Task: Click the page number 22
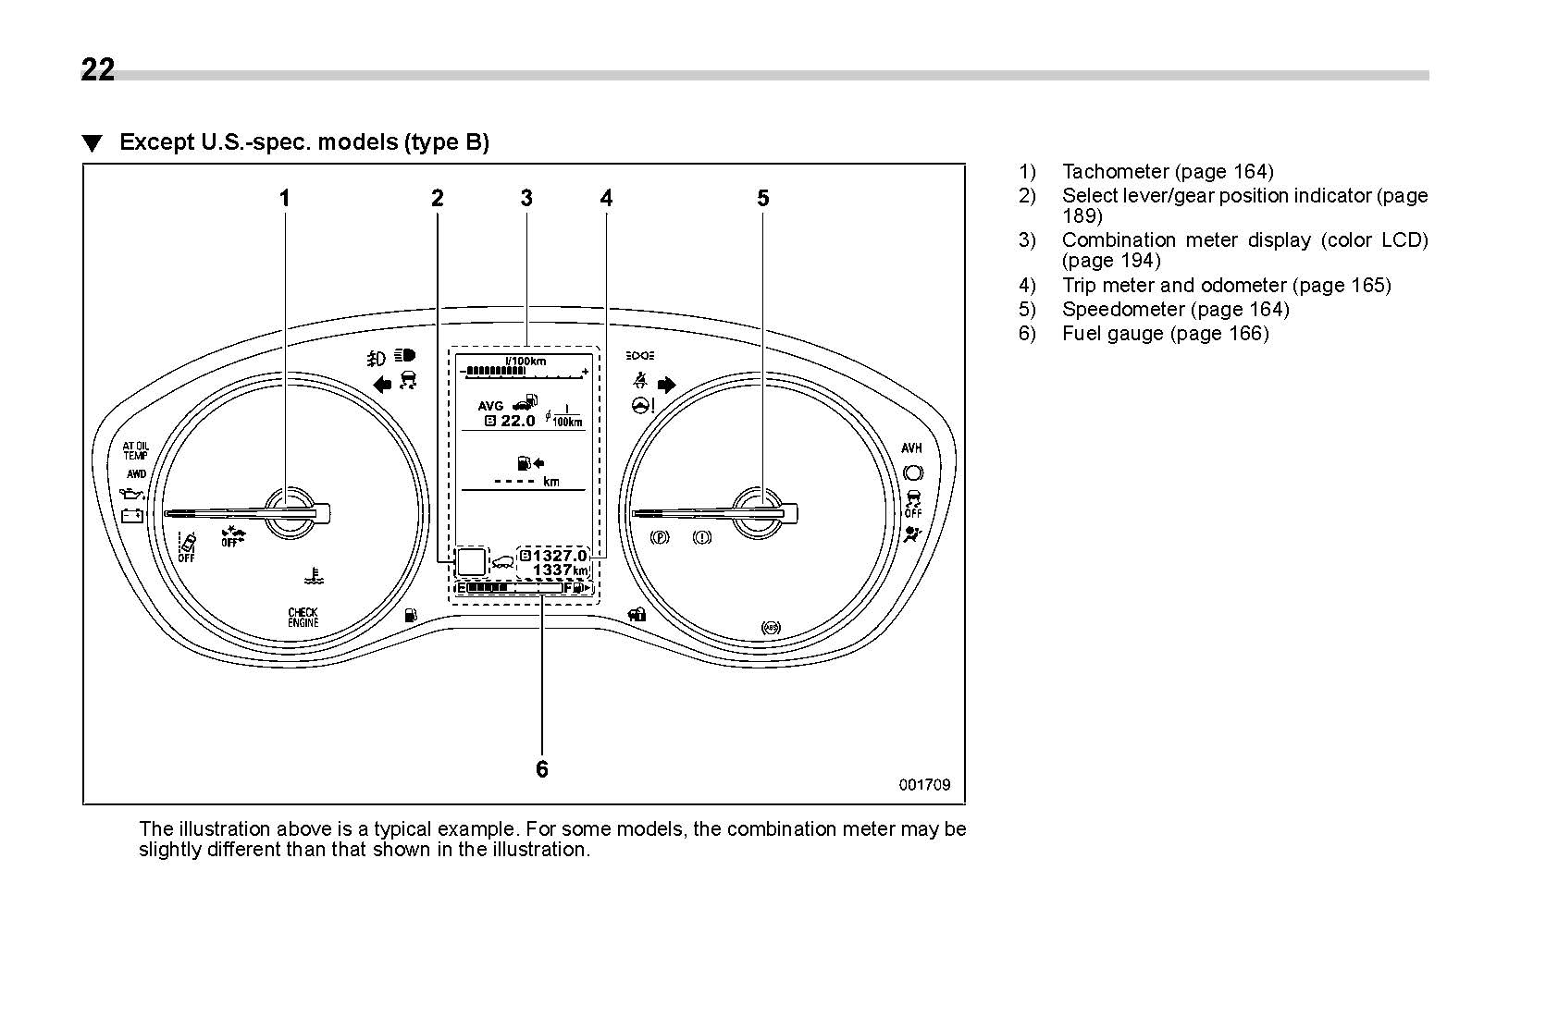pos(98,70)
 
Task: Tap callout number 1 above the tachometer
pos(285,198)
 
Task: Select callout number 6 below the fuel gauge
pos(542,769)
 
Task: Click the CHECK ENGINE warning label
pos(303,618)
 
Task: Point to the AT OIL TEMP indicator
pos(135,450)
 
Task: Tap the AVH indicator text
pos(911,448)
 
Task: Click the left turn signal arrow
pos(382,385)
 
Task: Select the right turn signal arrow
pos(666,385)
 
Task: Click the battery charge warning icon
pos(132,515)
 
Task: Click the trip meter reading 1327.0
pos(560,556)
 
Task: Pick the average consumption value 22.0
pos(517,422)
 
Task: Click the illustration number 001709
pos(924,785)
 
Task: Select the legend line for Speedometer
pos(1175,310)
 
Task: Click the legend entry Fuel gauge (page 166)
pos(1165,334)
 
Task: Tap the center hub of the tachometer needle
pos(290,511)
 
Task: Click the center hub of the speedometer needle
pos(759,511)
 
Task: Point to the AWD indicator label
pos(137,474)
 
